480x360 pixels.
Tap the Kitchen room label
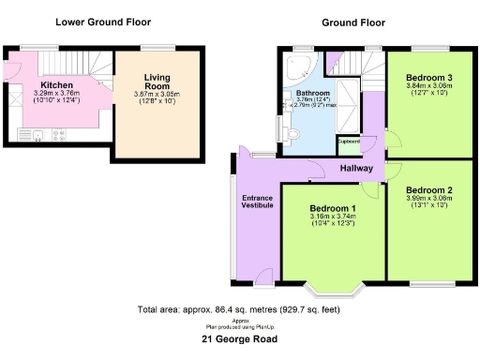click(57, 84)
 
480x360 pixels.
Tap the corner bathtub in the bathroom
click(303, 67)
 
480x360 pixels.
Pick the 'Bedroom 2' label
click(429, 189)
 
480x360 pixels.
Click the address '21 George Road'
click(240, 339)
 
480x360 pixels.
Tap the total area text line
click(239, 308)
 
